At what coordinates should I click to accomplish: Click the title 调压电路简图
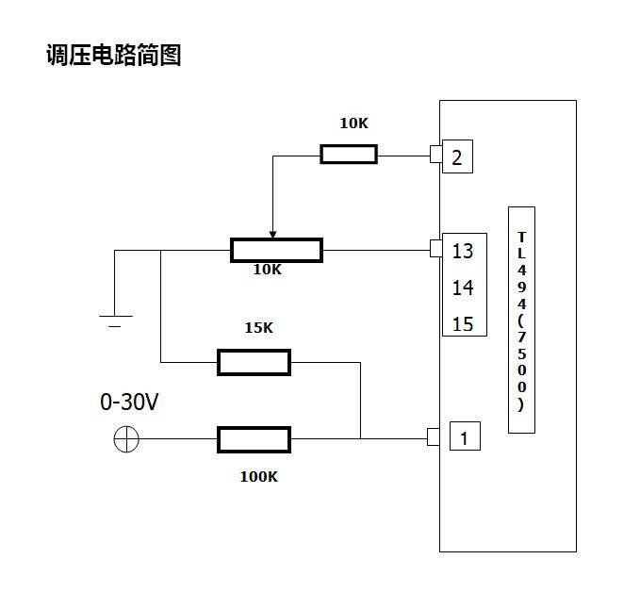tap(113, 56)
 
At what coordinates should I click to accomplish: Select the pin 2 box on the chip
tap(457, 157)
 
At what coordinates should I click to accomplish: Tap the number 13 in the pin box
tap(463, 252)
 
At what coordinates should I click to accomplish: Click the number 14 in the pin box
tap(463, 288)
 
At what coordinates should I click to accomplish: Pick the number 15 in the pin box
tap(463, 324)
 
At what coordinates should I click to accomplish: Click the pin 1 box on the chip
tap(464, 437)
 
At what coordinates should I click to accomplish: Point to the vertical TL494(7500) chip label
tap(521, 321)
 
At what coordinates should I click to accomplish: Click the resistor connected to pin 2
tap(348, 155)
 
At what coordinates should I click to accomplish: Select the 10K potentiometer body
tap(276, 251)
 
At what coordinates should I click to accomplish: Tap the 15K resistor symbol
tap(254, 362)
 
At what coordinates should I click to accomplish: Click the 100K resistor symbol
tap(254, 439)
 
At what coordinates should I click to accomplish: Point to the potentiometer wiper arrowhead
tap(272, 234)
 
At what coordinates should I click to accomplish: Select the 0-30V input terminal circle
tap(126, 438)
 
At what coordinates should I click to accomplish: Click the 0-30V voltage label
tap(129, 403)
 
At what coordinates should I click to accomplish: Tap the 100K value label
tap(258, 477)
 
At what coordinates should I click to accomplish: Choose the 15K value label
tap(258, 328)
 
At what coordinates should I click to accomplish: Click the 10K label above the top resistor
tap(354, 123)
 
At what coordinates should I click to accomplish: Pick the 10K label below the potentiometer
tap(267, 270)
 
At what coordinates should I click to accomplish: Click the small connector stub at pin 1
tap(434, 437)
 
